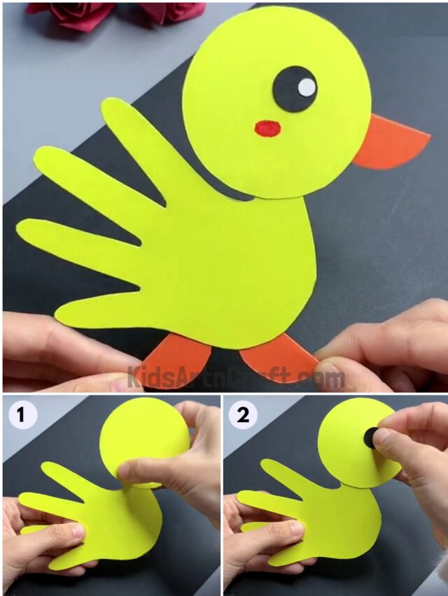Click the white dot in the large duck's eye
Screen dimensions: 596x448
[307, 87]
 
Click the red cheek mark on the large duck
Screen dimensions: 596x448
[267, 129]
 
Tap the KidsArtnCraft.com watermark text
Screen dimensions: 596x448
[235, 378]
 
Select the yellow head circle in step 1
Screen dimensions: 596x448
[140, 437]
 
